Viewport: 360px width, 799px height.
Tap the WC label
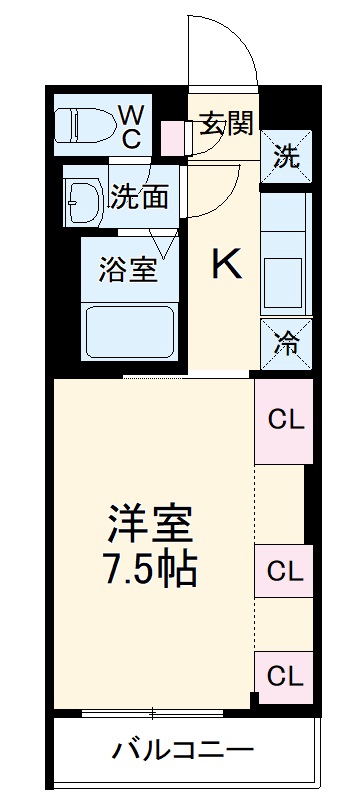[x=132, y=125]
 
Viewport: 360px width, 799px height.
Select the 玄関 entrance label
[x=226, y=124]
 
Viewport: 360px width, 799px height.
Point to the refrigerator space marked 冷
[x=285, y=345]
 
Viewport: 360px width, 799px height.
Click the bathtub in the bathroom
[x=131, y=333]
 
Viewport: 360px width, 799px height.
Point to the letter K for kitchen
[x=226, y=265]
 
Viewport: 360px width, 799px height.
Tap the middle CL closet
[x=284, y=572]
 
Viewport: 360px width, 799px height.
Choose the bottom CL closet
[x=284, y=676]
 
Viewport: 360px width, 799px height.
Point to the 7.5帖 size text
[x=150, y=570]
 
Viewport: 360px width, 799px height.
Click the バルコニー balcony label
[x=183, y=748]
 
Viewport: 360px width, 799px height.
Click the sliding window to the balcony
[x=153, y=713]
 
